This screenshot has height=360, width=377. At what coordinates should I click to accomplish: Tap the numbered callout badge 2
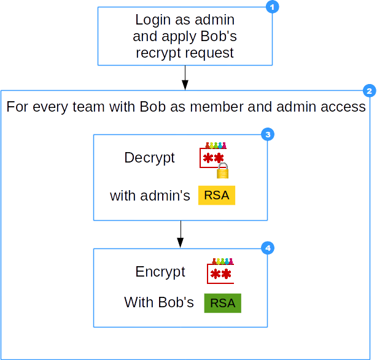pyautogui.click(x=369, y=91)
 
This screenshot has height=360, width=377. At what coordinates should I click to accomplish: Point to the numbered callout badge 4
pyautogui.click(x=267, y=248)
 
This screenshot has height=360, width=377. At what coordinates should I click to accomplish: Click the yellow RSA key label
pyautogui.click(x=217, y=196)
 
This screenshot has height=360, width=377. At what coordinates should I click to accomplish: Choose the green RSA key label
pyautogui.click(x=222, y=302)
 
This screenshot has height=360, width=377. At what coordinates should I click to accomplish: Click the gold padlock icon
pyautogui.click(x=224, y=171)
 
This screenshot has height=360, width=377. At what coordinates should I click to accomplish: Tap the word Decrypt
pyautogui.click(x=150, y=158)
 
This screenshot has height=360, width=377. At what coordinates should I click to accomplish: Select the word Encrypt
pyautogui.click(x=160, y=272)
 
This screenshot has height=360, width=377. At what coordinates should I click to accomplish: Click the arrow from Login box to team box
pyautogui.click(x=184, y=77)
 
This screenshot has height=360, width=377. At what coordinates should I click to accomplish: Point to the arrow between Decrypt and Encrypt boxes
pyautogui.click(x=180, y=234)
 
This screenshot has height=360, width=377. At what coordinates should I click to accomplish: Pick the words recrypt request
pyautogui.click(x=184, y=53)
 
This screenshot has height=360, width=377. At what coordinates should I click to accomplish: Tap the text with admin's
pyautogui.click(x=150, y=196)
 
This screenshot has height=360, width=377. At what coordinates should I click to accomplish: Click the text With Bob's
pyautogui.click(x=159, y=302)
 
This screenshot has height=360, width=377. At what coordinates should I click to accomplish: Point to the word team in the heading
pyautogui.click(x=104, y=107)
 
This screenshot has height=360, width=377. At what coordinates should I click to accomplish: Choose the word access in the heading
pyautogui.click(x=343, y=107)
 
